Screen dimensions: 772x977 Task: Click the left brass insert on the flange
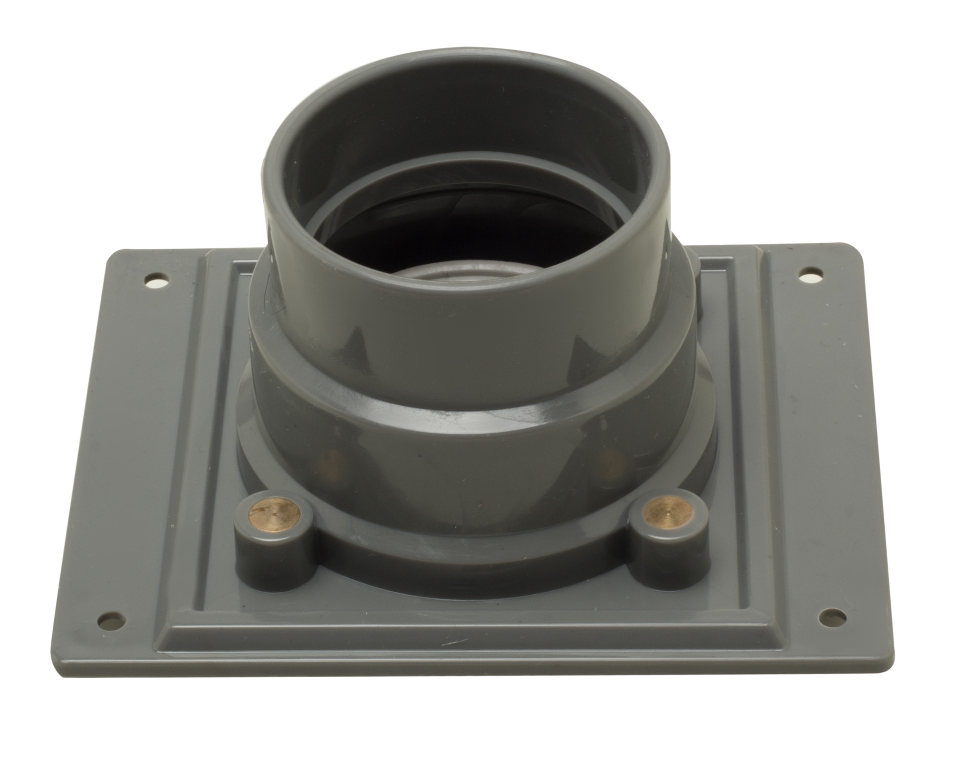[274, 514]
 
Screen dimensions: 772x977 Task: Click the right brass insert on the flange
[667, 512]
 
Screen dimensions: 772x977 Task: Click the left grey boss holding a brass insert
[274, 542]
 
